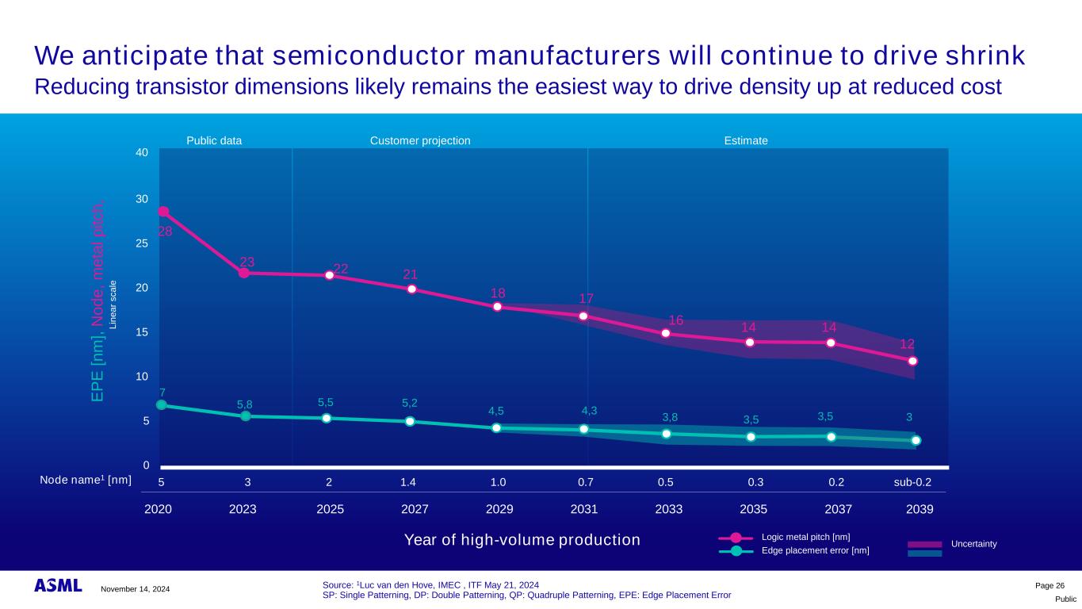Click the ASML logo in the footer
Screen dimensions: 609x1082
(58, 585)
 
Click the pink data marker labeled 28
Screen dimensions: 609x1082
(163, 212)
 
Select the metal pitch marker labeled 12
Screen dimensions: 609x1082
(912, 361)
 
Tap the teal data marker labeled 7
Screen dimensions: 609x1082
(162, 405)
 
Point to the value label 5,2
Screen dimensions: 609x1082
(410, 403)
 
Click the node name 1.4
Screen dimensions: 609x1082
(408, 481)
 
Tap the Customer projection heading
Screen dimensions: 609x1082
(420, 140)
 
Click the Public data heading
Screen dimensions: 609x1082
(214, 140)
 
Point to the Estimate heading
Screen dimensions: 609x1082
(746, 140)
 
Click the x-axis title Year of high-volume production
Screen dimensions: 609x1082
(522, 541)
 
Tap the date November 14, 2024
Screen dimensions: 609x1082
(135, 588)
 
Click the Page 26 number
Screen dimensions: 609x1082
(1050, 584)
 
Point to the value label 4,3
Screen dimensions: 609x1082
(589, 411)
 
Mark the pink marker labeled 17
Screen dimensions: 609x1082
(583, 316)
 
